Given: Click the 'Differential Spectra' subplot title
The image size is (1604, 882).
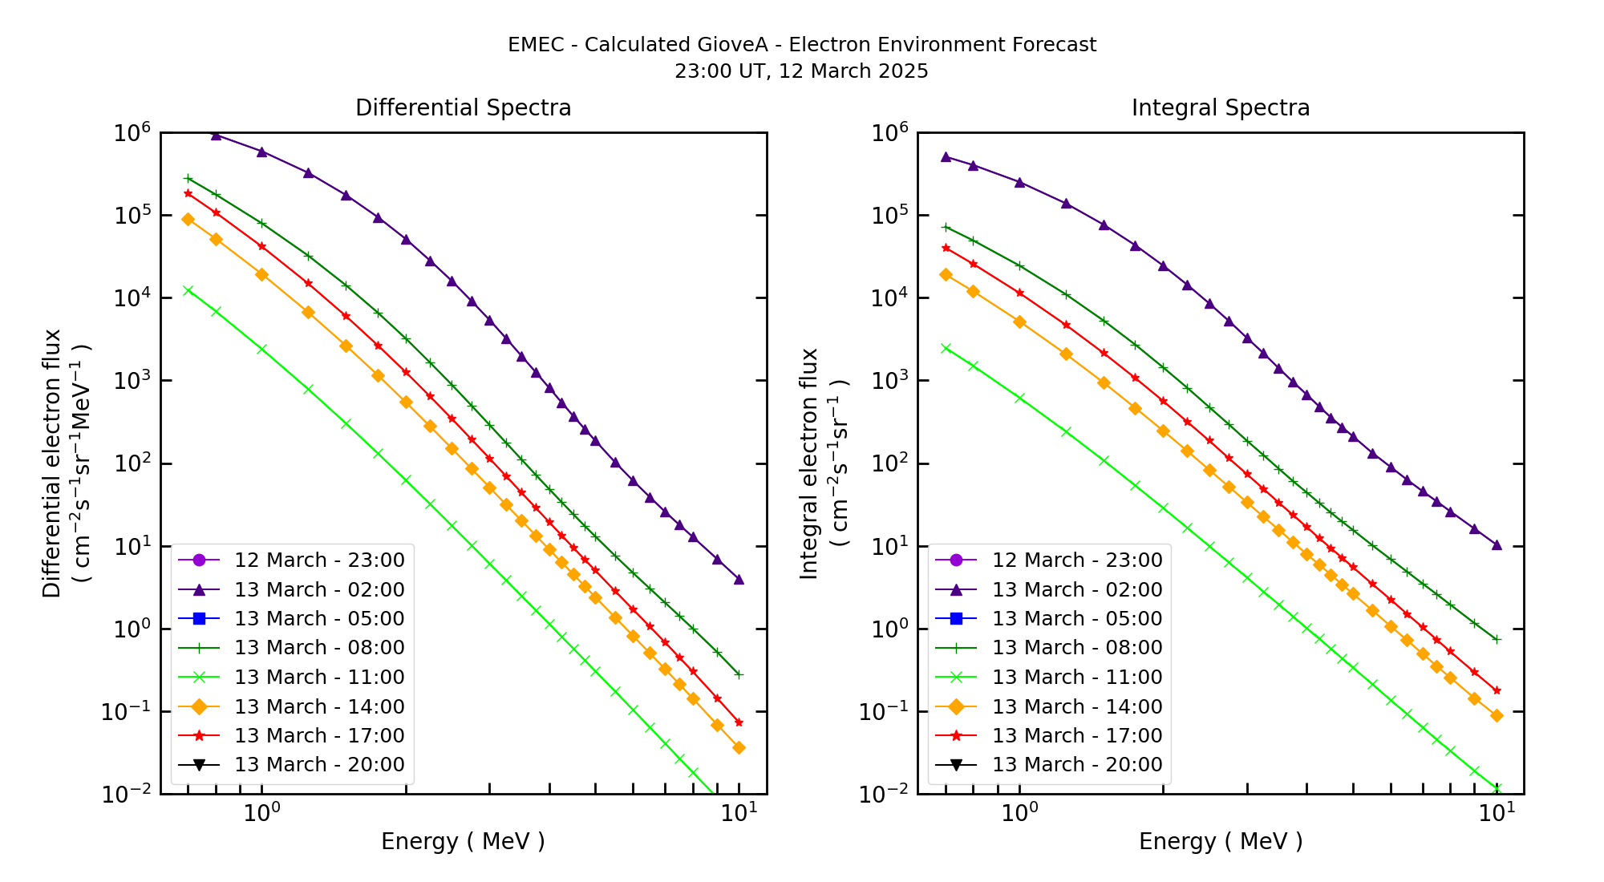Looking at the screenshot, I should coord(463,107).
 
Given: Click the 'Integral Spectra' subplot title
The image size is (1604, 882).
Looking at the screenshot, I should coord(1220,107).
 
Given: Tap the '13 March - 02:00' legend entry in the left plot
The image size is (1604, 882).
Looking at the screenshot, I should coord(318,589).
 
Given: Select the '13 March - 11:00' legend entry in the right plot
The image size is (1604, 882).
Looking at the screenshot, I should coord(1076,677).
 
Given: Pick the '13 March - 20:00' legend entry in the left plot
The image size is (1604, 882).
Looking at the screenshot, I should coord(318,764).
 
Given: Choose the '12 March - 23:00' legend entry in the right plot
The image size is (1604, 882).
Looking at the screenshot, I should coord(1076,560).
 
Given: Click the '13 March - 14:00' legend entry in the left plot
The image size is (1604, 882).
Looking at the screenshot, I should coord(318,706).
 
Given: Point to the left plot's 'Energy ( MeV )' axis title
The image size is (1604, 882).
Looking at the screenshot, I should coord(463,841).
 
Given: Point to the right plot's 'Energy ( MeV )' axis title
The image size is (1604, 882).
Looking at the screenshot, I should coord(1220,841).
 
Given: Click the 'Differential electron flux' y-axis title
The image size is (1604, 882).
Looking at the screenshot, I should coord(52,463).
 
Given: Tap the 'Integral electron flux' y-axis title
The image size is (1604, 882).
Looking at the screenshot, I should coord(809,463).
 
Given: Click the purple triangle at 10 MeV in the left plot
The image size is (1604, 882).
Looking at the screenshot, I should coord(739,579).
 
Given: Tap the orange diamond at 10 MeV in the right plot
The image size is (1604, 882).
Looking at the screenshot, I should coord(1497,715).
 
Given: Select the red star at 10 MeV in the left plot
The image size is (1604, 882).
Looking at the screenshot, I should coord(739,722).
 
